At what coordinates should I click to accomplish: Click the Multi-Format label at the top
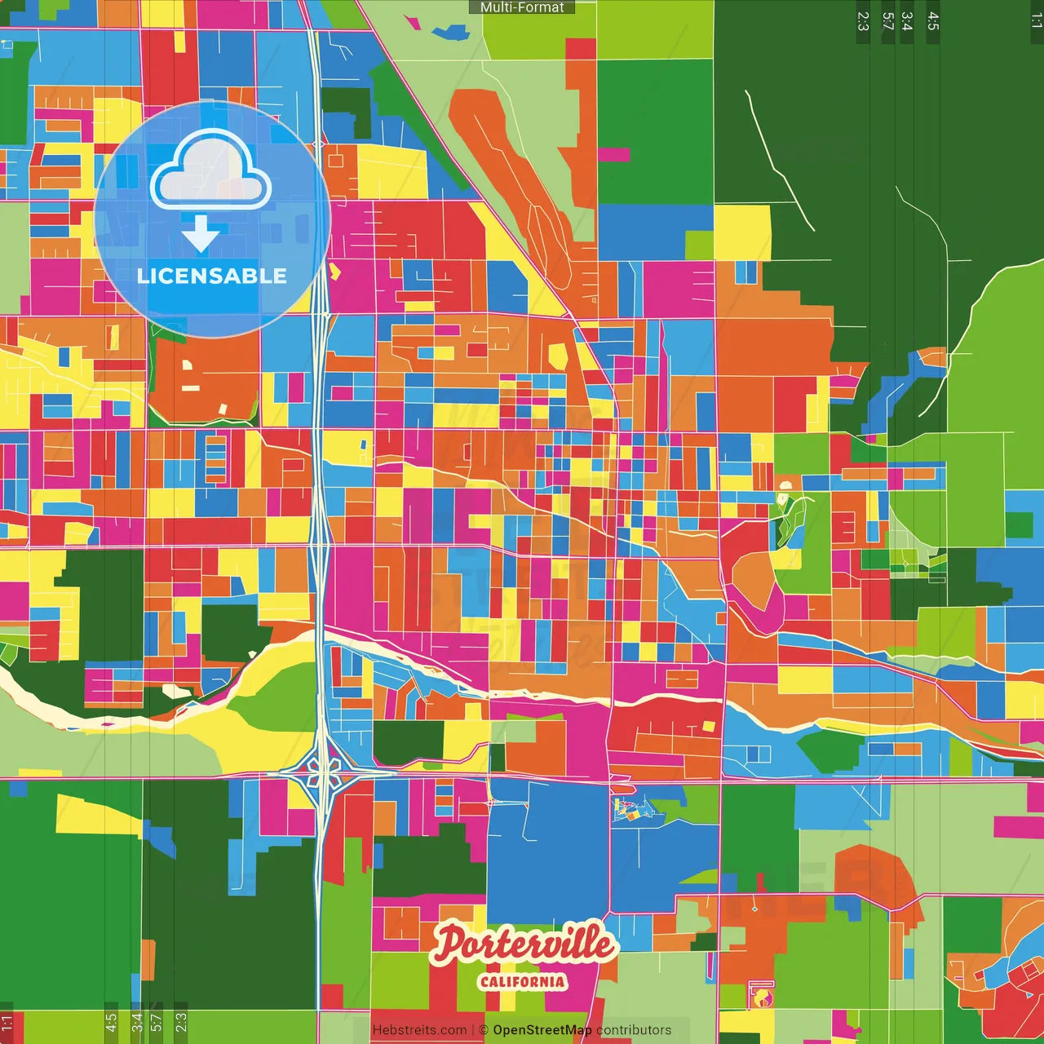click(x=522, y=7)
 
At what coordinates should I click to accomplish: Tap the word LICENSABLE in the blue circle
click(x=211, y=276)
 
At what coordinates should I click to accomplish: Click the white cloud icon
click(x=211, y=173)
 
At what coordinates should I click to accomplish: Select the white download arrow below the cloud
click(x=201, y=234)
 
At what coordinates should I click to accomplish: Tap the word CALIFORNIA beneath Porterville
click(x=522, y=981)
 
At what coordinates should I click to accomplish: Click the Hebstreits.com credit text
click(x=419, y=1030)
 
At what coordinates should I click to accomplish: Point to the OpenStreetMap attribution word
click(x=542, y=1030)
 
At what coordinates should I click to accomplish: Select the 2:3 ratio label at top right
click(x=863, y=21)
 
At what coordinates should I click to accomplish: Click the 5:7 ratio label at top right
click(x=888, y=21)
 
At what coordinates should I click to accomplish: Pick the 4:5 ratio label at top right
click(x=933, y=21)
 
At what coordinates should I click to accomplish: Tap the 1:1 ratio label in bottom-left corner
click(x=7, y=1023)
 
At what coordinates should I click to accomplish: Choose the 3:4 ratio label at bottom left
click(x=137, y=1021)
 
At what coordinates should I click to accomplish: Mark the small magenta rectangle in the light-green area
click(x=613, y=154)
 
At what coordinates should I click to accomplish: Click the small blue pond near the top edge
click(x=449, y=33)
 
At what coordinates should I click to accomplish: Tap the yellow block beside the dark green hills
click(x=742, y=232)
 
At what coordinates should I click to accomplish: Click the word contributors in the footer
click(x=634, y=1030)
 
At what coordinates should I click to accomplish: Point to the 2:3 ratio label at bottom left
click(x=181, y=1021)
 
